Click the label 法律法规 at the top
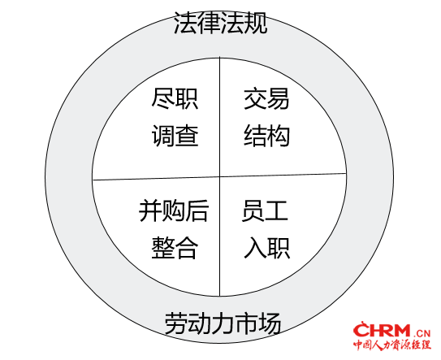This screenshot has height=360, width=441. point(220,23)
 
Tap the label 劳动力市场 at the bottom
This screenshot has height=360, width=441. point(223,323)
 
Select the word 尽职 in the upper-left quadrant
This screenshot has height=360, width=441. point(175,99)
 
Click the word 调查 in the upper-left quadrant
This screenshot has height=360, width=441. point(175,136)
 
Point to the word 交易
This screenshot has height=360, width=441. point(266,99)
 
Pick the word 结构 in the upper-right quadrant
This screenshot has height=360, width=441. point(266,136)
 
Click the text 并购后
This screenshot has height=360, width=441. point(174,210)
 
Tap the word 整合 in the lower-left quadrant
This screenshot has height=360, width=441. point(175,248)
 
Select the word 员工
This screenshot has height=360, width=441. point(265,210)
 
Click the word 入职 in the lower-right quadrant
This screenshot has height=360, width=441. point(266,248)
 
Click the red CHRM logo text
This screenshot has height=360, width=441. point(382,330)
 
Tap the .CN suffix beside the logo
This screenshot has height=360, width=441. point(422,333)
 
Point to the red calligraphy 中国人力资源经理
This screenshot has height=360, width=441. point(392,345)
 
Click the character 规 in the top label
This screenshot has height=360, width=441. point(256,23)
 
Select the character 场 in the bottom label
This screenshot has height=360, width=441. point(270,323)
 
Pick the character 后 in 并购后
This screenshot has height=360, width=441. point(197,210)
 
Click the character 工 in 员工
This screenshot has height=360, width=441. point(277,210)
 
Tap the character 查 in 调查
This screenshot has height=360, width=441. point(187,136)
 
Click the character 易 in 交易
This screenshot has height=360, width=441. point(278,99)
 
